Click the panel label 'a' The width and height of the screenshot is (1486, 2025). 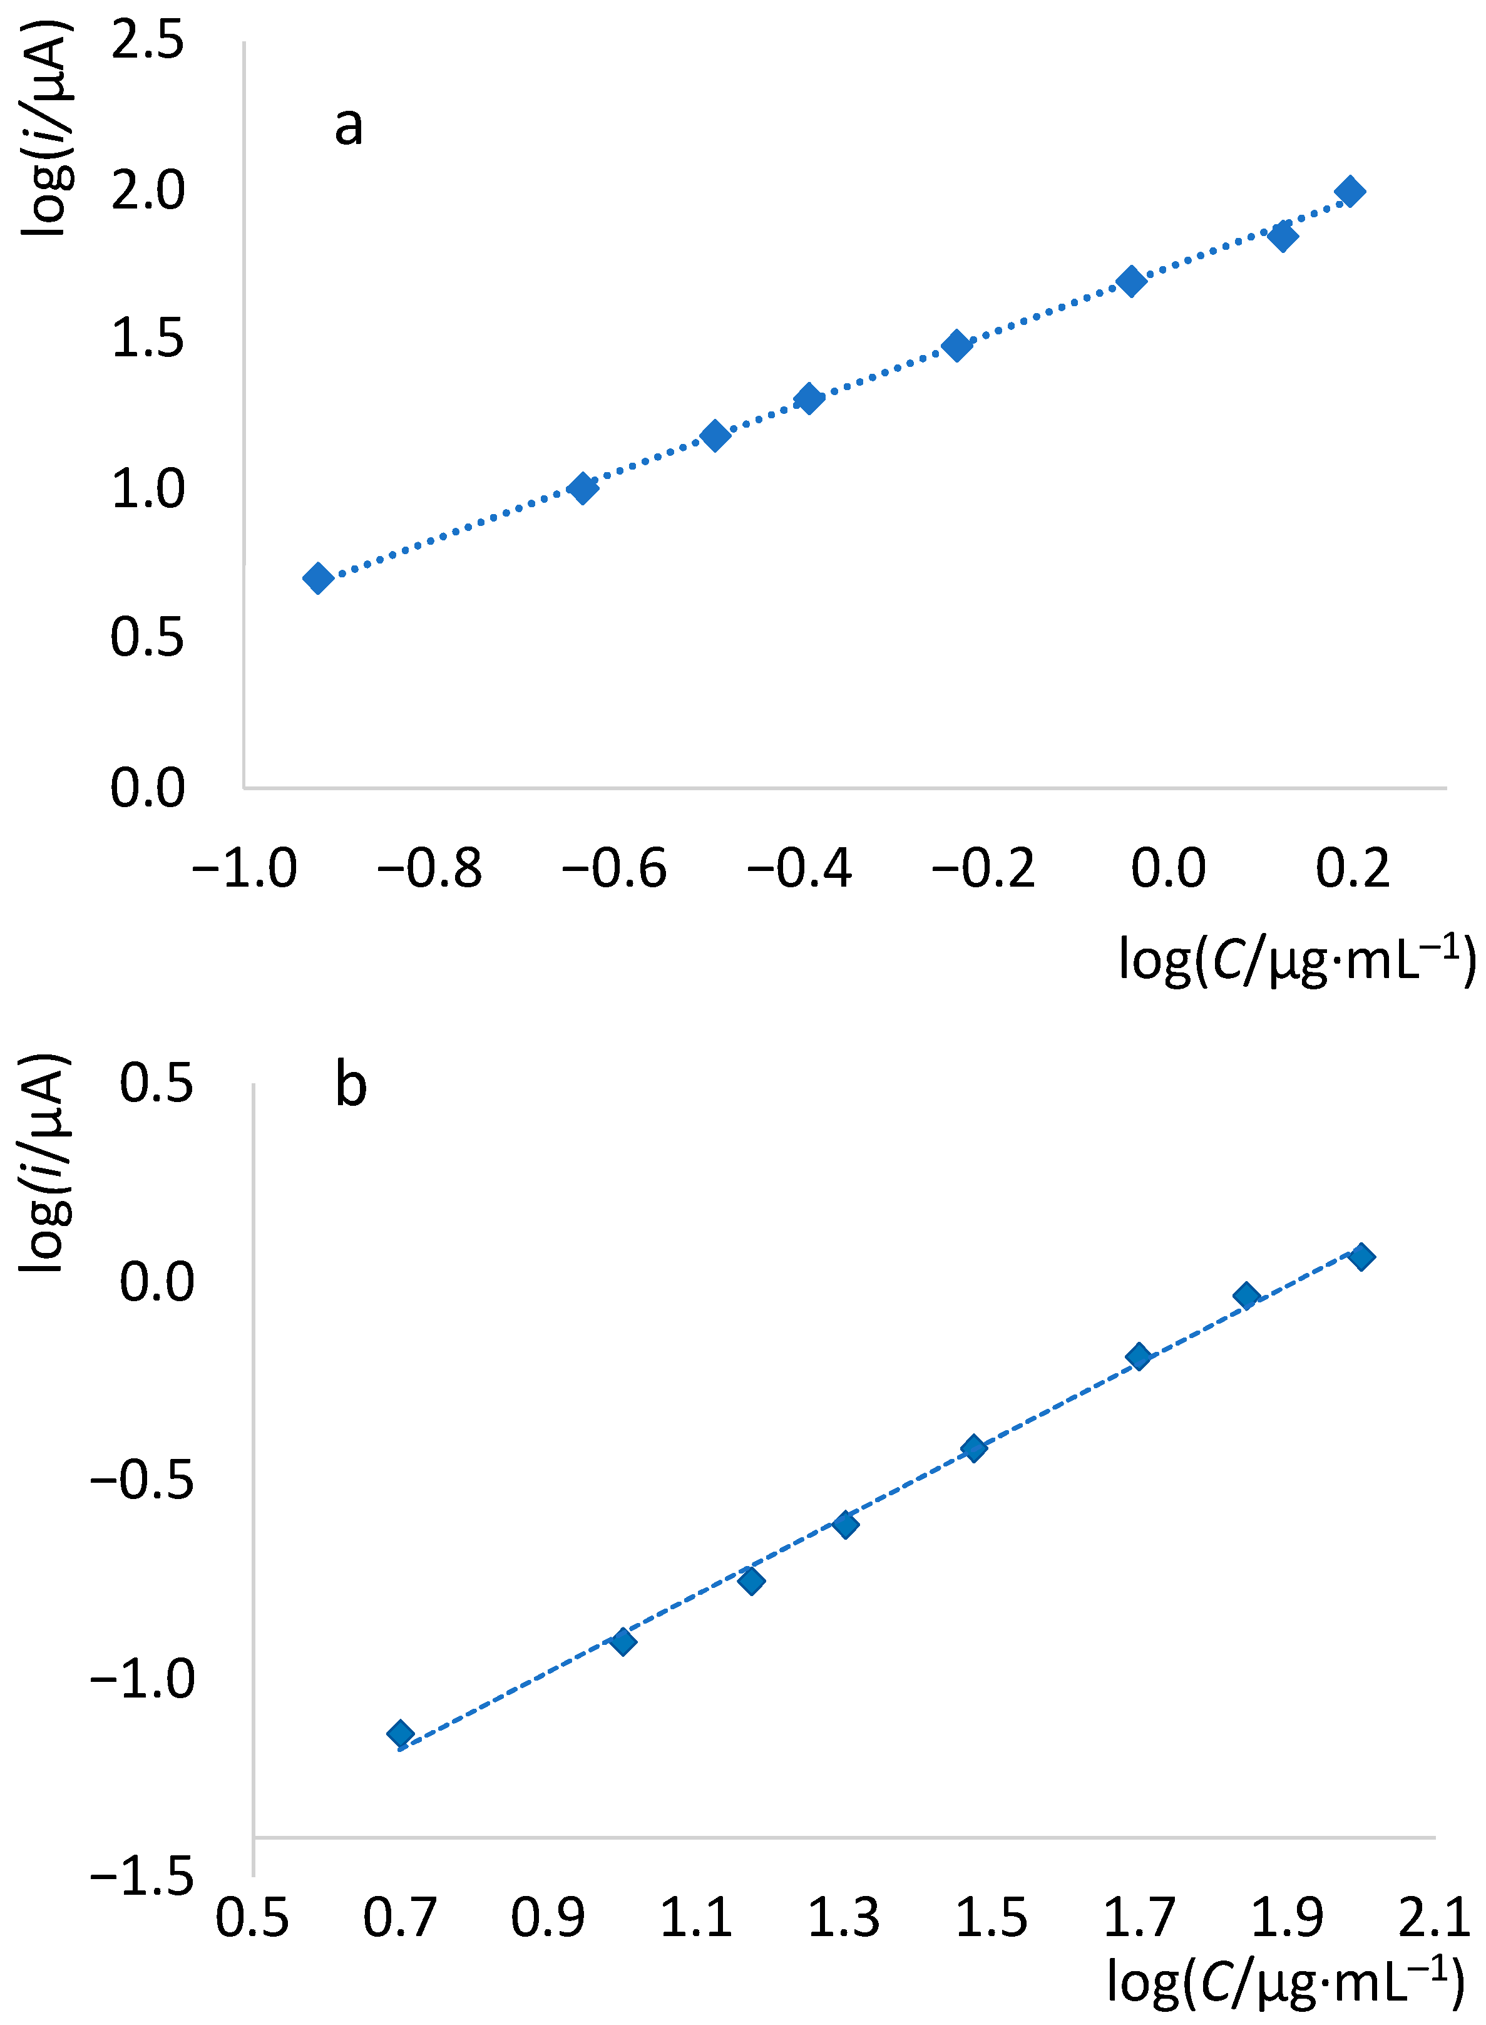pos(349,126)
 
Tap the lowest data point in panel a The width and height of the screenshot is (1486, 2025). pos(317,577)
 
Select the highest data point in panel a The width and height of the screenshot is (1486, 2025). pos(1350,192)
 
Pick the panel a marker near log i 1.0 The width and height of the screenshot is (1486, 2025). pos(583,488)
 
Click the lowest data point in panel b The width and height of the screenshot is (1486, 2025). pos(400,1734)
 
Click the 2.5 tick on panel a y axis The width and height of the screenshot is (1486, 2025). pos(148,41)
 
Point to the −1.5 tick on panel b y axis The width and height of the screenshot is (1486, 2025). pos(142,1877)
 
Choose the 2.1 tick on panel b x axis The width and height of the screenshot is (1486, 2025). pos(1434,1917)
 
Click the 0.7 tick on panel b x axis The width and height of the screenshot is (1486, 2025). pos(399,1917)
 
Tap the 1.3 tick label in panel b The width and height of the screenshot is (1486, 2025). pos(843,1917)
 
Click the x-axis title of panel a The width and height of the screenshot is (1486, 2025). pos(1295,961)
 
